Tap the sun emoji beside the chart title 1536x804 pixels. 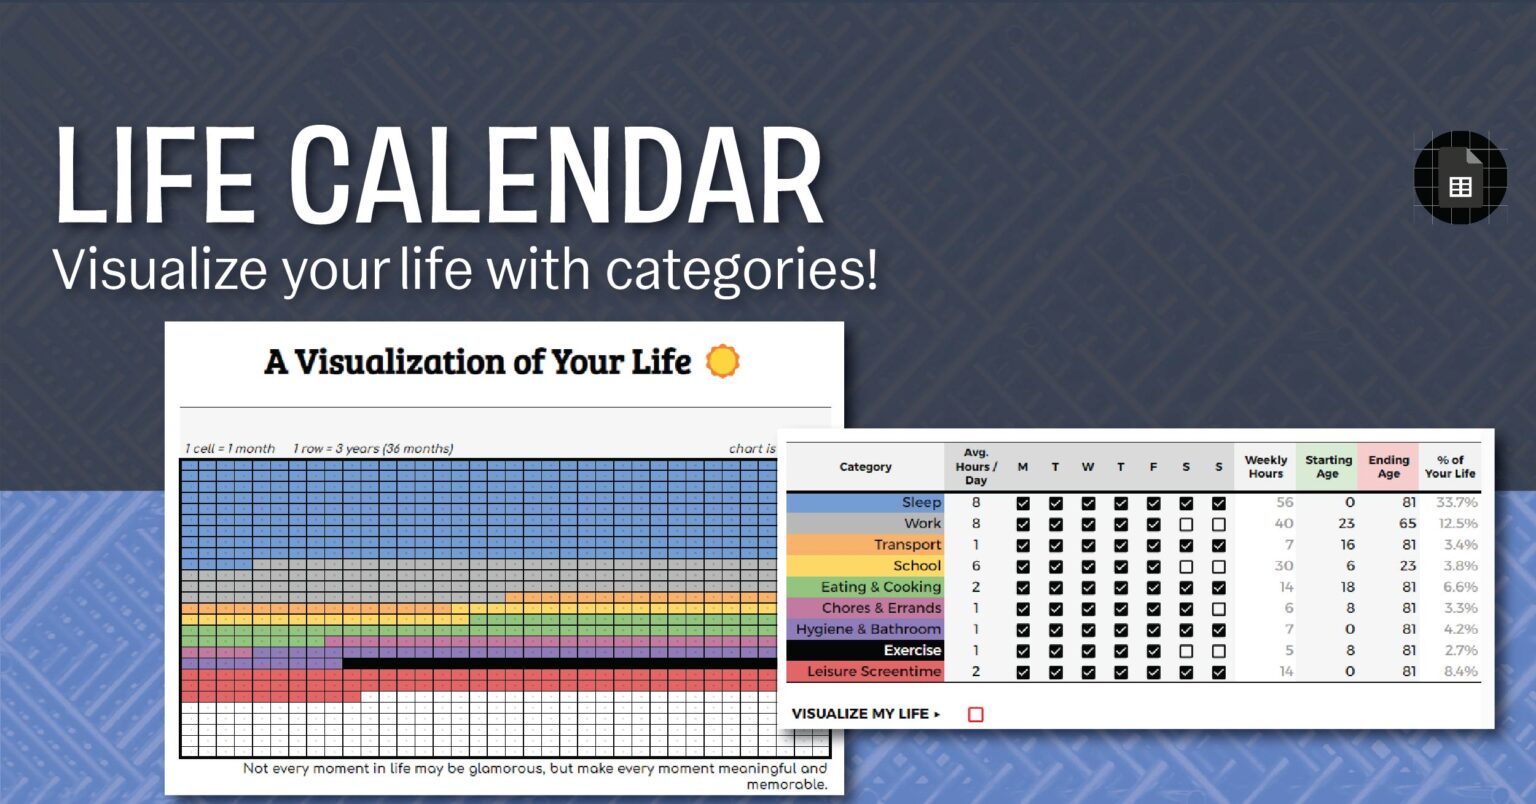tap(722, 361)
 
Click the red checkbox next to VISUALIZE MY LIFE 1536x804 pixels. tap(976, 714)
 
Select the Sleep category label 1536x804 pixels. tap(921, 503)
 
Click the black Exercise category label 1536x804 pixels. tap(912, 651)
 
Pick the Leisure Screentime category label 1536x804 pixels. tap(873, 672)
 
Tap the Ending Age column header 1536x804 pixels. tap(1388, 467)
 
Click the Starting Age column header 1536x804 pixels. tap(1327, 467)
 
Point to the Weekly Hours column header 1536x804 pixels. tap(1265, 467)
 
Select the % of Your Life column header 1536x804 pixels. tap(1450, 467)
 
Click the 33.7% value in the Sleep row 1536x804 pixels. tap(1457, 503)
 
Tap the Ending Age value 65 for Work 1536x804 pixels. tap(1407, 524)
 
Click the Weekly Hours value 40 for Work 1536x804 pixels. tap(1284, 524)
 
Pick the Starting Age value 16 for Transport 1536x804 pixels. tap(1347, 545)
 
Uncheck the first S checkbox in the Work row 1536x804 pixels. tap(1186, 524)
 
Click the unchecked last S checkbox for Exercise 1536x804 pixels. tap(1218, 651)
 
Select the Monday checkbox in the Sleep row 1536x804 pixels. tap(1023, 503)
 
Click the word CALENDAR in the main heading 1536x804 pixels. tap(557, 177)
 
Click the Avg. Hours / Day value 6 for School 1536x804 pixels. tap(976, 566)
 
